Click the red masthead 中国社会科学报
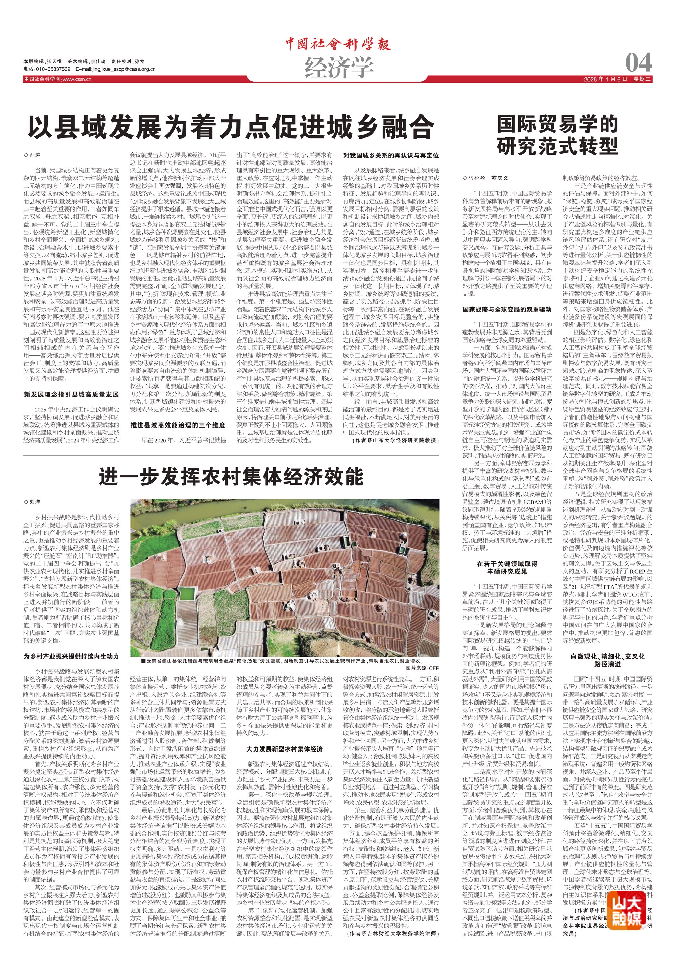(338, 44)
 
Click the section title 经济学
(339, 67)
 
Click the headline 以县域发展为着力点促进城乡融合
(231, 127)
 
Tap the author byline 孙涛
(33, 155)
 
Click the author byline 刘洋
(33, 502)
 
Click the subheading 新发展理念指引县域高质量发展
(71, 394)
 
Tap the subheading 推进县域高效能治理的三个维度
(178, 425)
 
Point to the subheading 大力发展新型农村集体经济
(284, 749)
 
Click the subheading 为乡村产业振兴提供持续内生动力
(71, 657)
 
